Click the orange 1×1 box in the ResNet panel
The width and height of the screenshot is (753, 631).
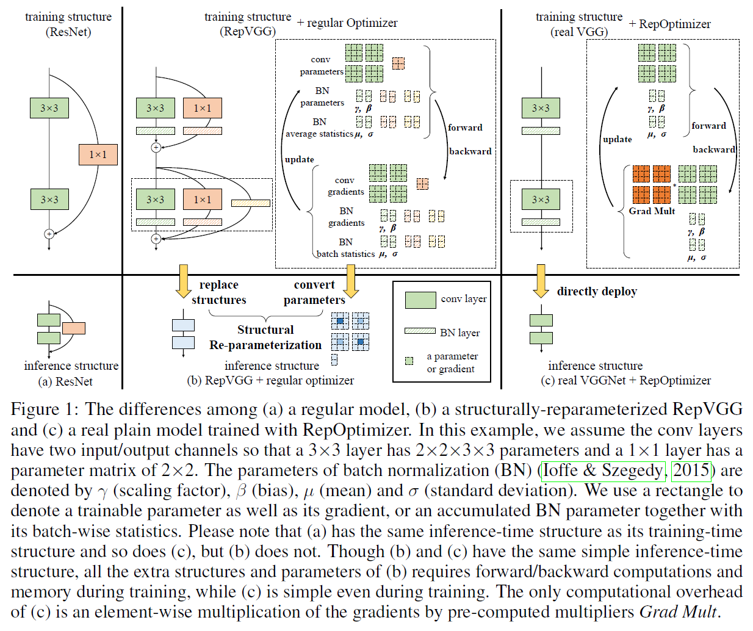click(98, 154)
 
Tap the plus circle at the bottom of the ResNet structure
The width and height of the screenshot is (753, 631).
click(49, 234)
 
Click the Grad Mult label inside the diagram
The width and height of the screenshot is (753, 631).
click(652, 211)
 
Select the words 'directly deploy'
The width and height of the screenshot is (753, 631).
click(596, 291)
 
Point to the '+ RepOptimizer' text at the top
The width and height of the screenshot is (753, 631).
click(669, 24)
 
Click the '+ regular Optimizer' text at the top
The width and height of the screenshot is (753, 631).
click(347, 23)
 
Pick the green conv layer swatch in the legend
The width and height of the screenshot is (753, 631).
click(420, 300)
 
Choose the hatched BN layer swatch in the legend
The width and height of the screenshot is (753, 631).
click(420, 331)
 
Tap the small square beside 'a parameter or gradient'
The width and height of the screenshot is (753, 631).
click(409, 361)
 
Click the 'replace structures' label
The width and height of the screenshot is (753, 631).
click(218, 292)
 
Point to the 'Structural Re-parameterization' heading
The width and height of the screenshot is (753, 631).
click(265, 337)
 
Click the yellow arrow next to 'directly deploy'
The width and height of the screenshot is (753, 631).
click(541, 280)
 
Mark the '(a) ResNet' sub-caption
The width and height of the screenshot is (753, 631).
click(65, 381)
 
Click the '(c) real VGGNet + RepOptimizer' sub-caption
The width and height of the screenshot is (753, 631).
click(625, 380)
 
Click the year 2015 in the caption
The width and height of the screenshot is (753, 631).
click(691, 471)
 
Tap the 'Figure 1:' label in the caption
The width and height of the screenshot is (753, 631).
click(44, 409)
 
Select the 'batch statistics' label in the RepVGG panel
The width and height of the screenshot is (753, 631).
click(345, 254)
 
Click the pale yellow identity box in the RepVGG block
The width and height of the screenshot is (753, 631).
click(250, 203)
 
